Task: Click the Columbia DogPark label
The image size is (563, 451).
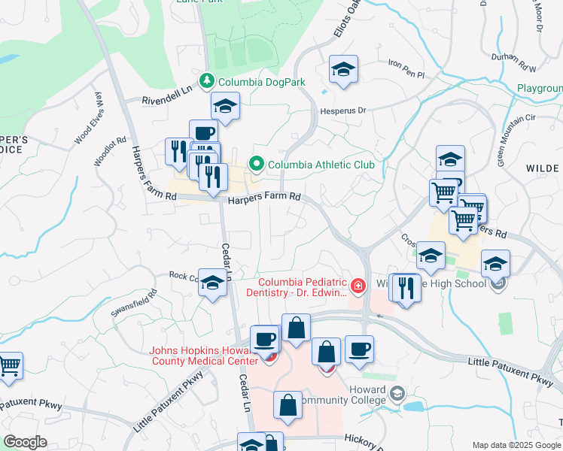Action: click(x=251, y=80)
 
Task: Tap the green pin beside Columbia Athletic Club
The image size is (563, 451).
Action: click(x=257, y=164)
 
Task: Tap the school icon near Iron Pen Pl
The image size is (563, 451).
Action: click(x=343, y=70)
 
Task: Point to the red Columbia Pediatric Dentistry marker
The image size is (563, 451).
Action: click(x=357, y=285)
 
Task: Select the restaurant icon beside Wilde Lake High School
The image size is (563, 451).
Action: click(x=406, y=287)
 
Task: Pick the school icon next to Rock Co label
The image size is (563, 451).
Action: click(x=213, y=283)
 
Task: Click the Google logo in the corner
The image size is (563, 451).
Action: click(x=24, y=441)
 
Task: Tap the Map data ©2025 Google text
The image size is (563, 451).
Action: click(x=516, y=445)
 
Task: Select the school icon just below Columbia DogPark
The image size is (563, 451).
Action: click(x=224, y=107)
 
